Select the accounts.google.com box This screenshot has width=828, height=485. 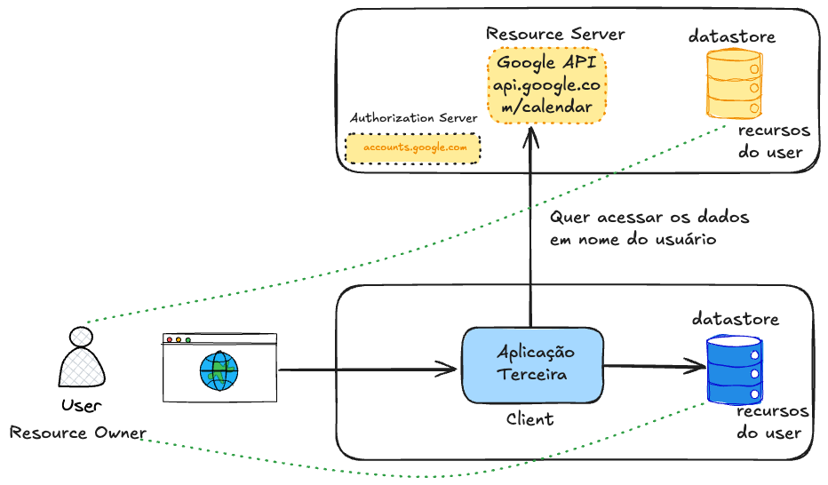click(x=413, y=148)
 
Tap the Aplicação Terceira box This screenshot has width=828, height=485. click(x=531, y=364)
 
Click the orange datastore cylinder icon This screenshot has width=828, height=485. click(x=734, y=83)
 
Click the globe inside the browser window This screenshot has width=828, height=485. click(x=219, y=370)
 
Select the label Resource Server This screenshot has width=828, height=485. click(x=555, y=34)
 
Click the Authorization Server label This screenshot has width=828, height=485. click(x=413, y=118)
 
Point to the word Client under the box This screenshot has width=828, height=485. click(x=529, y=419)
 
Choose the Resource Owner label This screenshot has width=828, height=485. click(x=78, y=433)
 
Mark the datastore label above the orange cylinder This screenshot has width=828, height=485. click(x=732, y=36)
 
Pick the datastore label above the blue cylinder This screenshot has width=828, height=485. click(x=736, y=318)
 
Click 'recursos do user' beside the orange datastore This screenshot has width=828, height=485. click(x=769, y=140)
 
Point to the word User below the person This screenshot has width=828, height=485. click(x=81, y=406)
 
